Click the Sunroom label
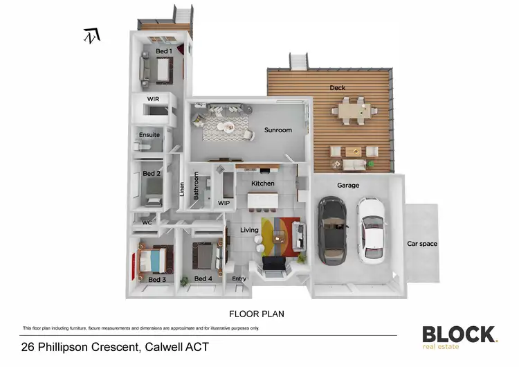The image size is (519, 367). click(278, 130)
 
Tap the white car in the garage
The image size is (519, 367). click(372, 231)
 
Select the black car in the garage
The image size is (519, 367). click(333, 231)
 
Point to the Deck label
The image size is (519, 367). click(337, 88)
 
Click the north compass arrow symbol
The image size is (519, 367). click(91, 35)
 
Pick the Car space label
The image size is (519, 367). click(422, 244)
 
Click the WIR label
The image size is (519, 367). click(153, 100)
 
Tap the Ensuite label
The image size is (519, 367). click(149, 135)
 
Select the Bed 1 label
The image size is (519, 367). click(163, 51)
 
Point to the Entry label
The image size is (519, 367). click(239, 279)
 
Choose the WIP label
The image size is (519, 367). click(224, 204)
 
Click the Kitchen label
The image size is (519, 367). click(263, 183)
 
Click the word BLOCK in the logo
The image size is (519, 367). click(459, 334)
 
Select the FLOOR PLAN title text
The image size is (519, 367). click(257, 314)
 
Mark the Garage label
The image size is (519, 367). click(347, 186)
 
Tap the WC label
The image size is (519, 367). click(147, 223)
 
